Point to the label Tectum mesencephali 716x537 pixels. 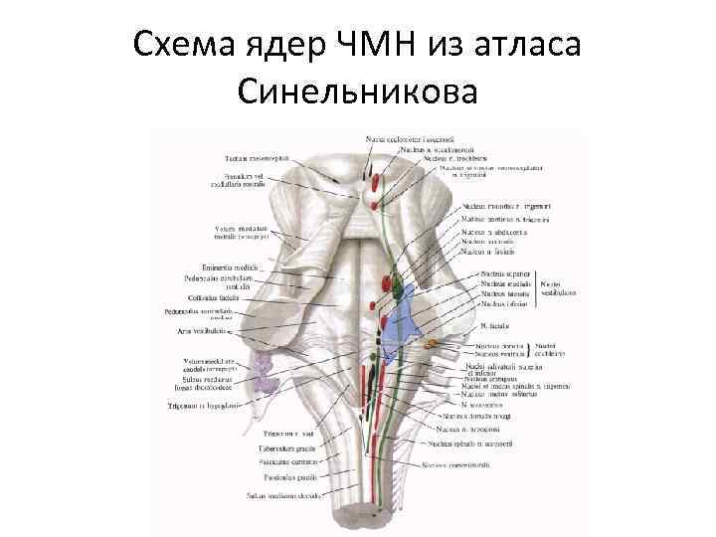[250, 158]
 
